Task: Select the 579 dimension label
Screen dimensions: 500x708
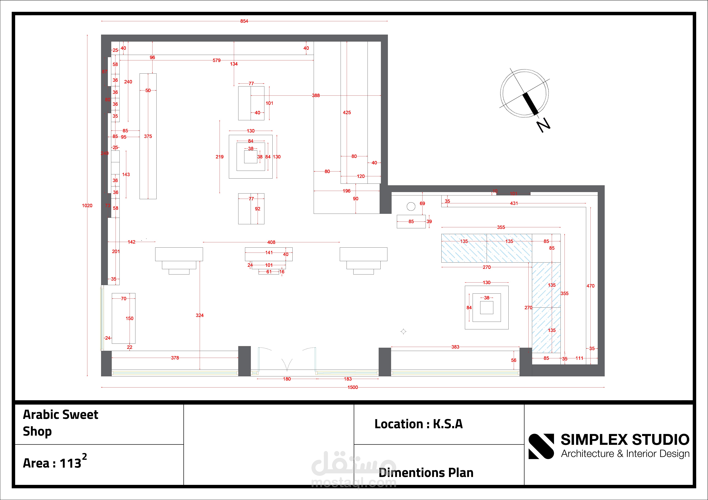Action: [x=216, y=60]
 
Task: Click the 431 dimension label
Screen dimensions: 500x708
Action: [x=514, y=203]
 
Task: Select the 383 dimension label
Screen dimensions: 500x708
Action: [x=455, y=347]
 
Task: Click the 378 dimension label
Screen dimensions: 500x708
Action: [x=175, y=358]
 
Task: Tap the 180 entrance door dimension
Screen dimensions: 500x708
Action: [x=287, y=379]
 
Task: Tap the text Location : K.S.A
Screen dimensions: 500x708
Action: [x=418, y=424]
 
